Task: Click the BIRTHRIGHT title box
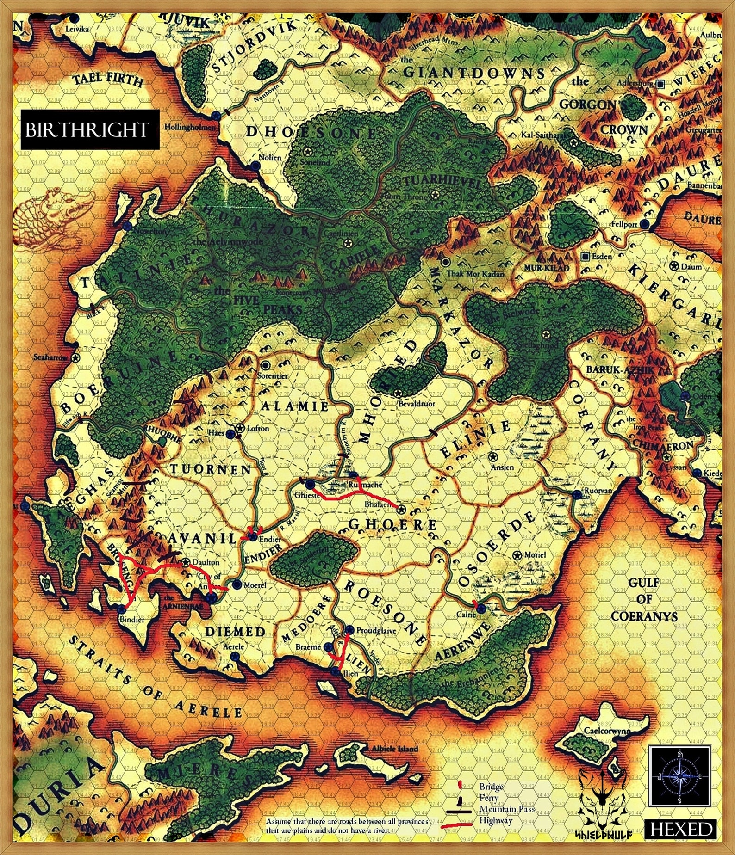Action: click(x=87, y=130)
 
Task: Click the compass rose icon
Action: click(x=679, y=775)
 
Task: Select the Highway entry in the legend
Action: click(x=496, y=820)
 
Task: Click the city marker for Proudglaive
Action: click(x=350, y=630)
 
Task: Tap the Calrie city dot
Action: click(x=481, y=609)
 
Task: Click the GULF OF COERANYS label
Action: click(x=644, y=599)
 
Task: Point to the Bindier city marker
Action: click(x=121, y=609)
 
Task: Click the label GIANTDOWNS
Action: click(x=474, y=73)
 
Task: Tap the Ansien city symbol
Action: click(x=493, y=457)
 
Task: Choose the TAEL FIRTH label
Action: click(x=108, y=80)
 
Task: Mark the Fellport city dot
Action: click(x=645, y=224)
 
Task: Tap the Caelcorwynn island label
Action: click(x=607, y=731)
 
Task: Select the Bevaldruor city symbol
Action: click(x=398, y=393)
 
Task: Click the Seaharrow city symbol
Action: click(x=75, y=357)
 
